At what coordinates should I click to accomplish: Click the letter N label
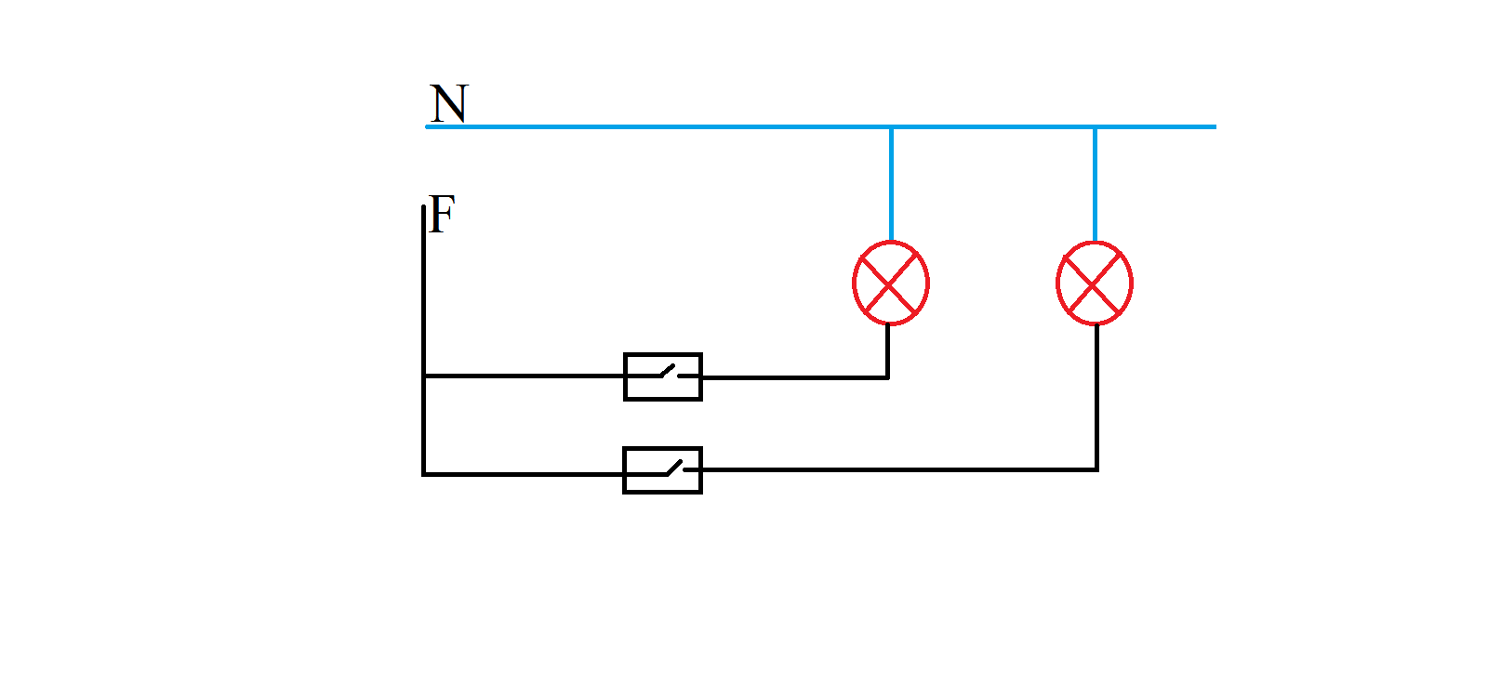click(x=449, y=103)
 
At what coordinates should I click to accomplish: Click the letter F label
click(x=443, y=214)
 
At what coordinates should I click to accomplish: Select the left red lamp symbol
click(x=890, y=283)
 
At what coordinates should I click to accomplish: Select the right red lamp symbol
click(x=1095, y=283)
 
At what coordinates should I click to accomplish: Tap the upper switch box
click(x=662, y=376)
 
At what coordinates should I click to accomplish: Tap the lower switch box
click(x=662, y=470)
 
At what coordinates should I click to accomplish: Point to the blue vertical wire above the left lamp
click(x=891, y=184)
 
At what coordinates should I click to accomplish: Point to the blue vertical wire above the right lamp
click(x=1095, y=184)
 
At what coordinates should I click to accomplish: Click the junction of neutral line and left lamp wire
click(x=891, y=126)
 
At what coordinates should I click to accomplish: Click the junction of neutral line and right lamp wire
click(x=1095, y=126)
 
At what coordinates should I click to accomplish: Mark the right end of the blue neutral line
click(x=1214, y=126)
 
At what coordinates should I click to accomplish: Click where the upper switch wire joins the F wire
click(x=423, y=376)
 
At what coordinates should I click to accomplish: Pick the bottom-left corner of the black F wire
click(x=423, y=474)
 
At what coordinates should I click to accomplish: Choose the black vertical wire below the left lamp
click(x=888, y=351)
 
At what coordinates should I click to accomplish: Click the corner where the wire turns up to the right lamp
click(x=1096, y=469)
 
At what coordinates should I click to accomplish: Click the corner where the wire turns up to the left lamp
click(x=888, y=377)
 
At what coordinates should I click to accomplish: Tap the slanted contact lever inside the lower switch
click(x=673, y=467)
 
